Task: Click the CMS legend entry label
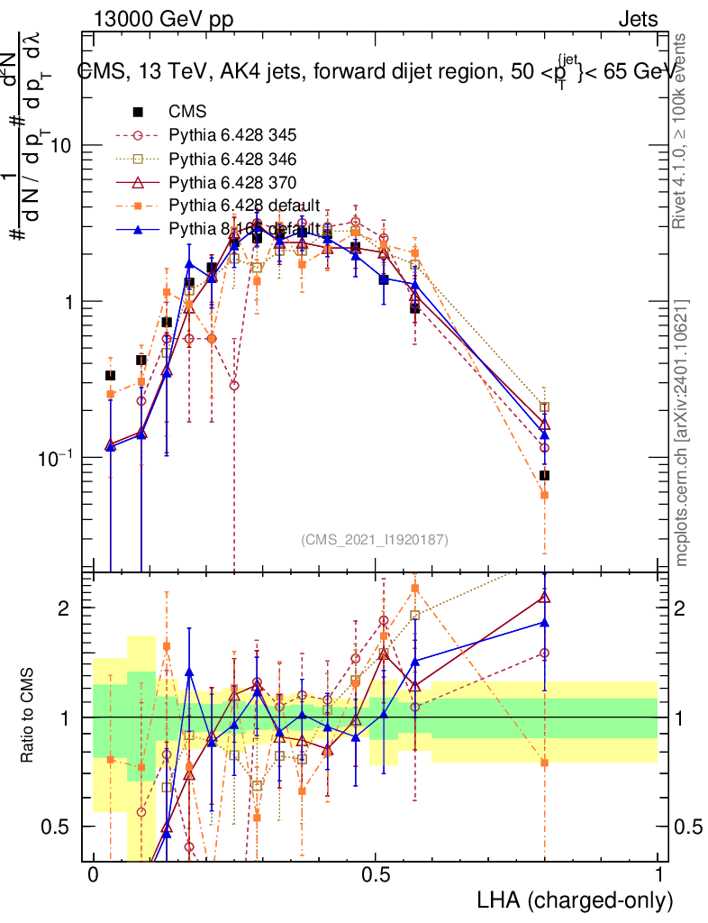click(x=187, y=113)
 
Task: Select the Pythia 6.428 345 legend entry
click(x=232, y=136)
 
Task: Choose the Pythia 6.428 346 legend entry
click(x=232, y=160)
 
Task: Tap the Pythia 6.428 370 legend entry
click(x=232, y=183)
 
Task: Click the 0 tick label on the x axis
click(x=93, y=875)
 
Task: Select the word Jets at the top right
click(x=637, y=20)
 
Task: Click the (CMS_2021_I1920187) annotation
click(x=375, y=539)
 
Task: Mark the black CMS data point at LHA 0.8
click(x=544, y=475)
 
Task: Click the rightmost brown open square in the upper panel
click(x=544, y=407)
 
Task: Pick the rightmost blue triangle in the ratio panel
click(x=544, y=622)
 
